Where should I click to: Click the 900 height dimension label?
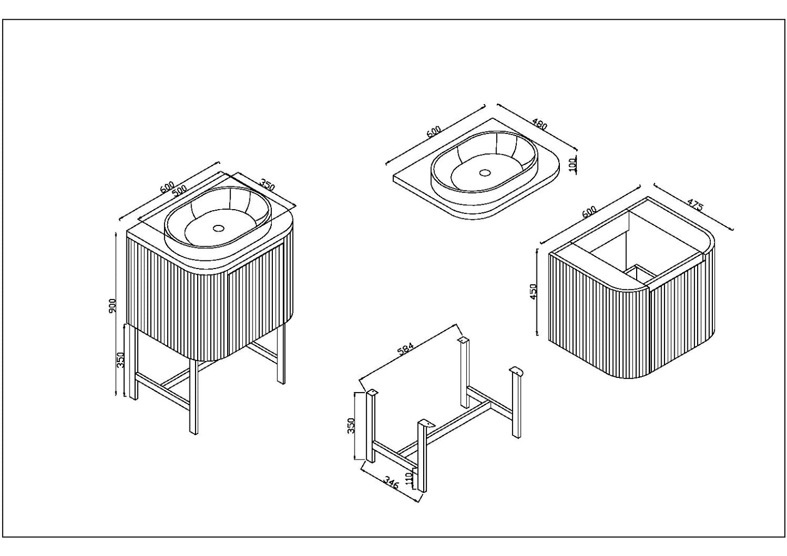pyautogui.click(x=112, y=306)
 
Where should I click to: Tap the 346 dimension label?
pyautogui.click(x=391, y=482)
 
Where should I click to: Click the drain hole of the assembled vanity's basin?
pyautogui.click(x=218, y=228)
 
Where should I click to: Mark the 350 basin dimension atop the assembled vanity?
pyautogui.click(x=267, y=186)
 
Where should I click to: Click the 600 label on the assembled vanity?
pyautogui.click(x=167, y=187)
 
